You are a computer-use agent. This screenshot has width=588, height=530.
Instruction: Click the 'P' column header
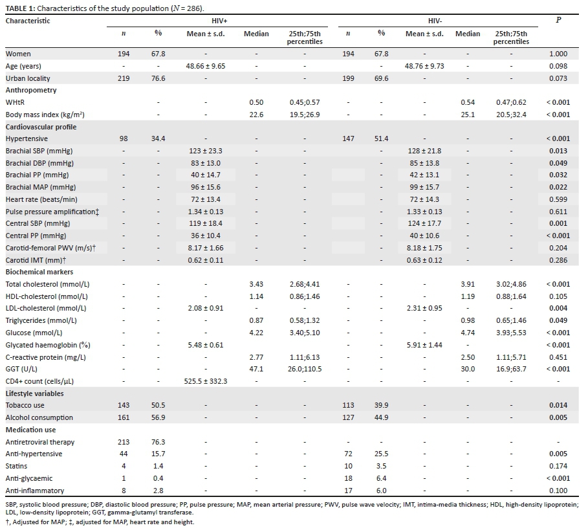coord(558,21)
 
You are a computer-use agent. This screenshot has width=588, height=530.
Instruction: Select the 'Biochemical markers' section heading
coord(39,272)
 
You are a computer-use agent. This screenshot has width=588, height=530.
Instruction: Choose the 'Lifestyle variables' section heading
coord(36,393)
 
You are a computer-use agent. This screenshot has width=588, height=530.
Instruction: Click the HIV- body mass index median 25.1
coord(469,115)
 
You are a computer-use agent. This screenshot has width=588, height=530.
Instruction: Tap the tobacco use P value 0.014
coord(558,406)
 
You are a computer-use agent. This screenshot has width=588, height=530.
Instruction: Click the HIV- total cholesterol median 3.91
coord(469,284)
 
